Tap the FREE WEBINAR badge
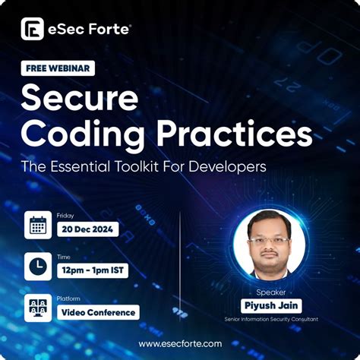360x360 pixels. [58, 68]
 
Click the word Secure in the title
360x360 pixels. [80, 99]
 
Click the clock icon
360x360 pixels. [37, 265]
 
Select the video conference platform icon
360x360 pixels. [37, 305]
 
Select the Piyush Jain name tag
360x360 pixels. [270, 305]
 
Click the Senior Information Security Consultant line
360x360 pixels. [270, 320]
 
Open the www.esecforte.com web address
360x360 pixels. [180, 343]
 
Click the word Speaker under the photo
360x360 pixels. [270, 291]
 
